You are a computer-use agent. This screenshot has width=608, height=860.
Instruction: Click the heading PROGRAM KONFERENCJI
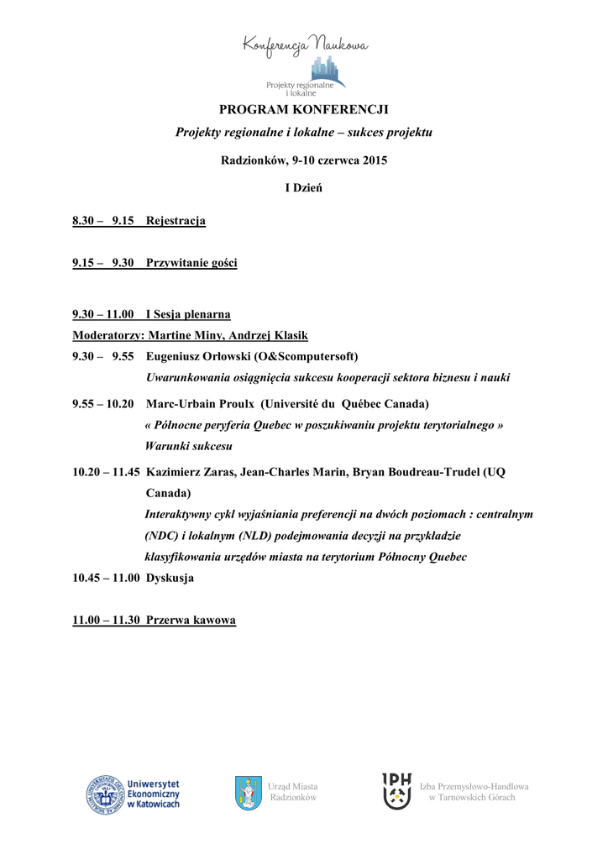[x=304, y=110]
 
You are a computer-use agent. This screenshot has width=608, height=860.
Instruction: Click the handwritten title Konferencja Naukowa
[x=305, y=45]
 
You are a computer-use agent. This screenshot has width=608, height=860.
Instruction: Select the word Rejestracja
[x=176, y=221]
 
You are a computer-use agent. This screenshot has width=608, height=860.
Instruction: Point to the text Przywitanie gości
[x=191, y=263]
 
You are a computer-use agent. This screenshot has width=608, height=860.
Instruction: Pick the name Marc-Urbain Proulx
[x=201, y=404]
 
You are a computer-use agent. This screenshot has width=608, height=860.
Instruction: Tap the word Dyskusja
[x=170, y=578]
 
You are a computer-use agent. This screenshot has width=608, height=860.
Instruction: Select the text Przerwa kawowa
[x=191, y=621]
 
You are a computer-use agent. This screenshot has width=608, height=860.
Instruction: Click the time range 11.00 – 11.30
[x=106, y=621]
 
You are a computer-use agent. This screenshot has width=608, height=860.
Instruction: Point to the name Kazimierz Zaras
[x=191, y=472]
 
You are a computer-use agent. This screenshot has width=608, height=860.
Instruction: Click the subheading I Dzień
[x=304, y=187]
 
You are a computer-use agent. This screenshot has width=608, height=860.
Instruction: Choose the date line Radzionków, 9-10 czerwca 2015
[x=304, y=160]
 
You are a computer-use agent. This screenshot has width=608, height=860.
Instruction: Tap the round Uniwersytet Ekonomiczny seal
[x=104, y=794]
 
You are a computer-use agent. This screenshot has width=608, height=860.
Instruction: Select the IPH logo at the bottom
[x=397, y=791]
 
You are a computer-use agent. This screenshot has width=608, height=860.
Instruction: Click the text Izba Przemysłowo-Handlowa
[x=474, y=786]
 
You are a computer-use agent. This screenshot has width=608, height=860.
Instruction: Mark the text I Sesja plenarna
[x=188, y=314]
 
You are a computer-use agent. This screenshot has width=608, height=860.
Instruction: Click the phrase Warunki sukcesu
[x=188, y=446]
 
